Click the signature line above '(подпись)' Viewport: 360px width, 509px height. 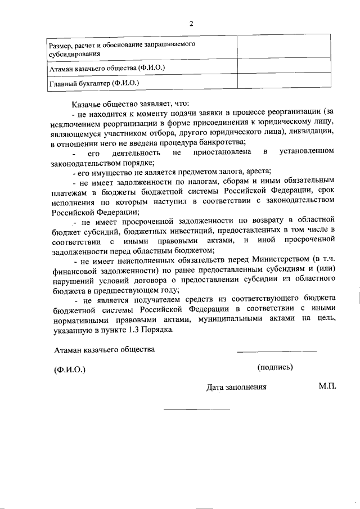click(x=277, y=352)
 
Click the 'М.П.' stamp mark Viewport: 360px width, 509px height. click(x=327, y=386)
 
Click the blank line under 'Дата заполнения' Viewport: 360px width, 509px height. click(x=197, y=408)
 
